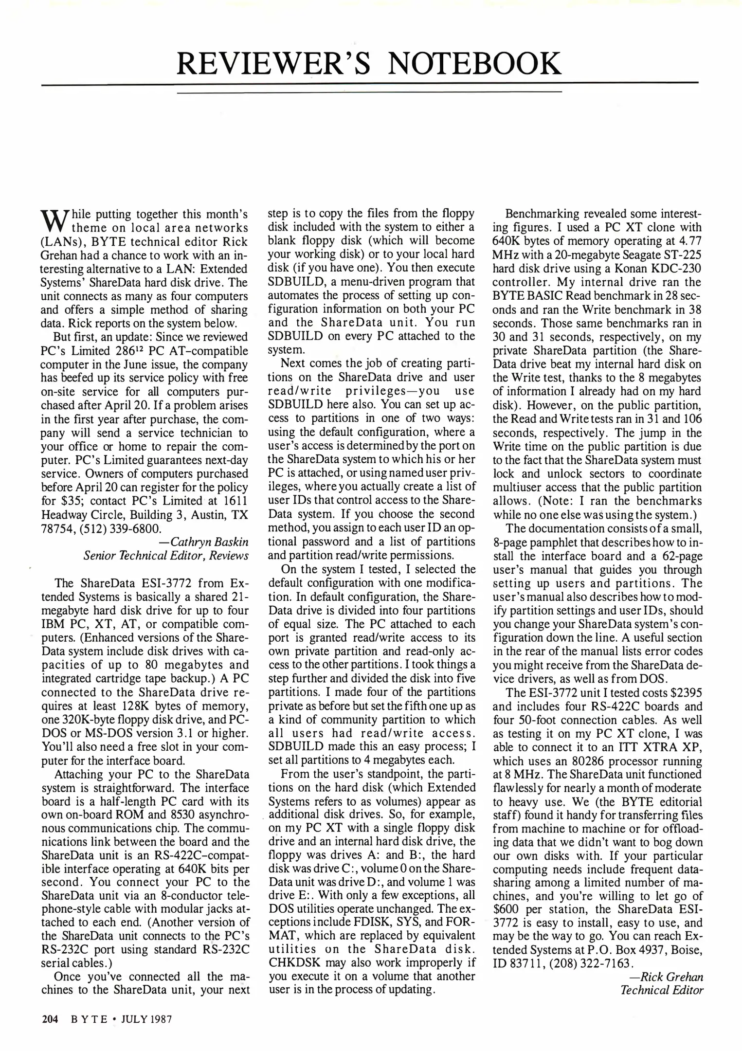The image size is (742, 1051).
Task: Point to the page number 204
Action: (50, 1019)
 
